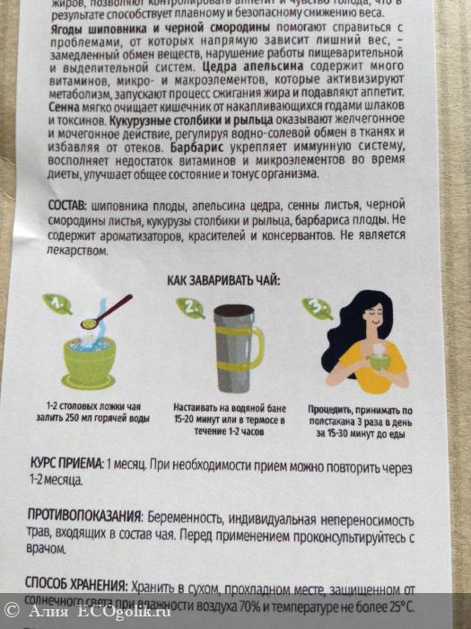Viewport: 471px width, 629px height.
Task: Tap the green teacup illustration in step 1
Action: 87,359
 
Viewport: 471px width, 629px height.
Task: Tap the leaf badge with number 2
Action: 189,308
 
